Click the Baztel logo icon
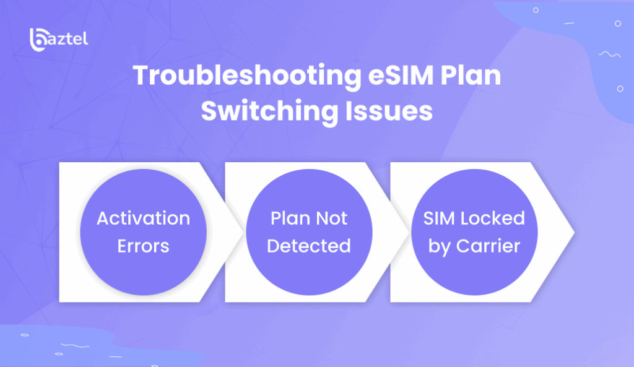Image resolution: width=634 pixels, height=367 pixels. point(38,40)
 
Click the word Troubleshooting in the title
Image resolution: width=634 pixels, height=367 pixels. point(246,76)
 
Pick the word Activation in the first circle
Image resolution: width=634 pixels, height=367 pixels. point(144,218)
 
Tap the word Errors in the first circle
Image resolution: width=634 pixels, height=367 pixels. point(144,246)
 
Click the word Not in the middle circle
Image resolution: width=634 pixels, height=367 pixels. point(332,218)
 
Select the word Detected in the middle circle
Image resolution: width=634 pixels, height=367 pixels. point(309,246)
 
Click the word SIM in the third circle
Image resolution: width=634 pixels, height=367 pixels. point(439,218)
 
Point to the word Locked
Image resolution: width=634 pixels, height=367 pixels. point(493,218)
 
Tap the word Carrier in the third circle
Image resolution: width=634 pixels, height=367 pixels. point(488,246)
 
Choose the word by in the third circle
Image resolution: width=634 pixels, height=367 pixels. point(440,246)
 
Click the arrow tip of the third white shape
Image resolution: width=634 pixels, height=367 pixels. point(574,232)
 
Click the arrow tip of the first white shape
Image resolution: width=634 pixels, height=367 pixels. point(243,232)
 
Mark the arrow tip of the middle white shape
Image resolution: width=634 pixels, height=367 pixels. point(409,232)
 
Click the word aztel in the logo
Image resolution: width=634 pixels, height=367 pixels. point(68,39)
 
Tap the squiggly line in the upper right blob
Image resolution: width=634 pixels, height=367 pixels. point(610,54)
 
